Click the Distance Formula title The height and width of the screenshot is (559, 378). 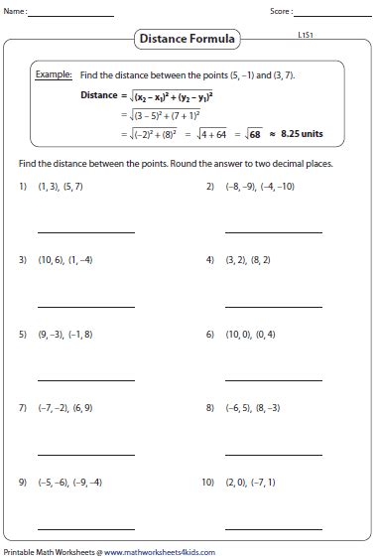(189, 39)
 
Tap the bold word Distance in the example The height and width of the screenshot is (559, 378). (98, 95)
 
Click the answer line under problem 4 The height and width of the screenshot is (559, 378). (273, 307)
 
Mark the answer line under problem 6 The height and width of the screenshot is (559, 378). (273, 380)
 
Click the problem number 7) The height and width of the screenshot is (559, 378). (22, 408)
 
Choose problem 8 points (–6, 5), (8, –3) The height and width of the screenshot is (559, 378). (259, 408)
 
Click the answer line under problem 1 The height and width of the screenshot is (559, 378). (85, 232)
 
